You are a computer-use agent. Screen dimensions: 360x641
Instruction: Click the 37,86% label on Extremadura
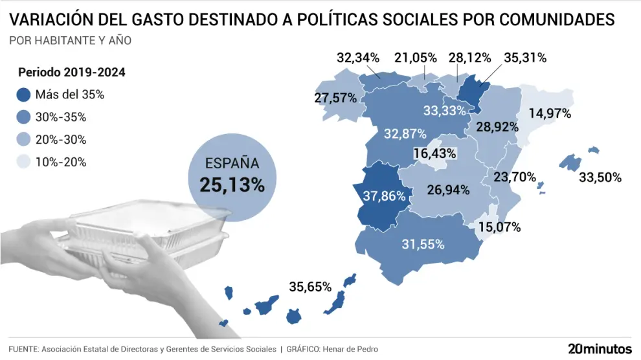click(x=385, y=196)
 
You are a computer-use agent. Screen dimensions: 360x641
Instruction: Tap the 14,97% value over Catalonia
click(x=550, y=113)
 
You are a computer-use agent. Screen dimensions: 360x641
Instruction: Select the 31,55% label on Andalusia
click(x=423, y=245)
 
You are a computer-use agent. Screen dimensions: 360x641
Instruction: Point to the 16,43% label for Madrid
click(x=435, y=154)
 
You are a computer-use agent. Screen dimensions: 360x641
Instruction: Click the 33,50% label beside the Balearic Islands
click(x=600, y=177)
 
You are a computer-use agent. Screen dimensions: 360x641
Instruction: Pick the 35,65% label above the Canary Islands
click(x=310, y=286)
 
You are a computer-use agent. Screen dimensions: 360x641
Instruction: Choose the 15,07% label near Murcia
click(x=499, y=228)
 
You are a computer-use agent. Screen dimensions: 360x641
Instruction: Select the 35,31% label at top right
click(x=525, y=58)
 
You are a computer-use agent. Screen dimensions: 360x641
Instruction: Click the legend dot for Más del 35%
click(x=24, y=95)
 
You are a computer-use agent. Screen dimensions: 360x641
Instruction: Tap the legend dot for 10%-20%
click(x=24, y=162)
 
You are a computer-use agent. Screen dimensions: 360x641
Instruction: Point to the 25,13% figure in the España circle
click(x=232, y=185)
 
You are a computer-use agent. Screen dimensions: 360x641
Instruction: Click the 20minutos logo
click(x=600, y=349)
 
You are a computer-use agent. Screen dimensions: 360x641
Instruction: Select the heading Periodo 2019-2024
click(x=71, y=72)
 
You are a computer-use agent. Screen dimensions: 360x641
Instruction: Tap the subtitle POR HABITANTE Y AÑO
click(x=71, y=41)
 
